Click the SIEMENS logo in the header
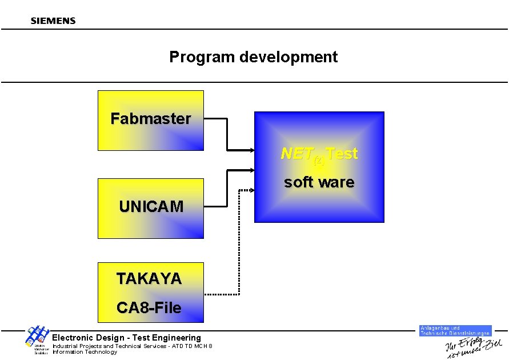coord(53,21)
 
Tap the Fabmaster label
coord(151,119)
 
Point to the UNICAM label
coord(151,207)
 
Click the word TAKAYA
coord(149,279)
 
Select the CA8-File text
coord(149,308)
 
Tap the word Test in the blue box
coord(342,154)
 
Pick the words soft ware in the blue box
coord(319,183)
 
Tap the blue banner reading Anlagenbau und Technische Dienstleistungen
coord(455,331)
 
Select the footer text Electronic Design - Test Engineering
coord(127,338)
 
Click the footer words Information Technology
coord(85,352)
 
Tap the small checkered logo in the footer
coord(35,336)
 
